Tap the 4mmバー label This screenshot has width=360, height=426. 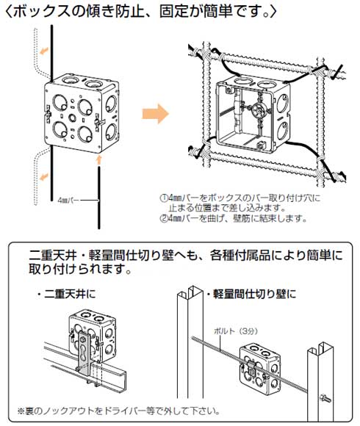click(67, 198)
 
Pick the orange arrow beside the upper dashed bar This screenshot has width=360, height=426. click(46, 51)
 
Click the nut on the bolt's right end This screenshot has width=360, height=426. click(325, 399)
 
